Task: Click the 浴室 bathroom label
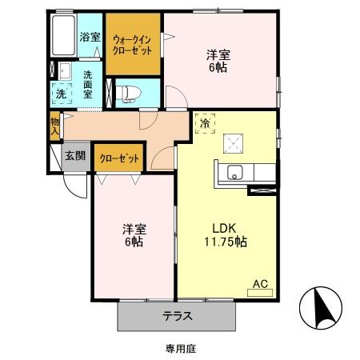click(90, 37)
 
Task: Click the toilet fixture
click(129, 92)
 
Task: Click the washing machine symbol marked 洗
click(61, 93)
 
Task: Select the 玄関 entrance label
click(76, 155)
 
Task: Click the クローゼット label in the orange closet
click(119, 158)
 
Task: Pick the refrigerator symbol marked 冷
click(205, 124)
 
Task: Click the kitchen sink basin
click(236, 171)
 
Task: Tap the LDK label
click(223, 226)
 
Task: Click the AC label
click(261, 283)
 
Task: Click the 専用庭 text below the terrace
click(181, 348)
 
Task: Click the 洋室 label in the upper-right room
click(219, 54)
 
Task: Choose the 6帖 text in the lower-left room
click(134, 240)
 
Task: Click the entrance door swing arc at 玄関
click(74, 188)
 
